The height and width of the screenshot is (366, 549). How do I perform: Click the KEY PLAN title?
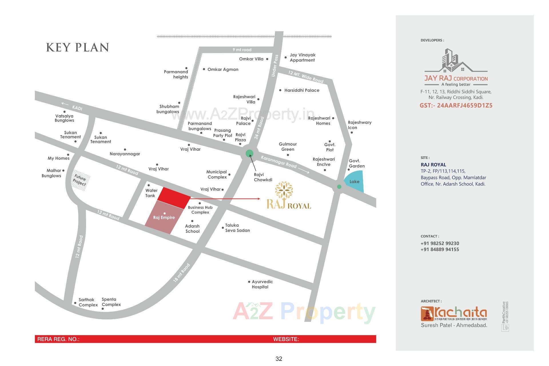click(x=77, y=47)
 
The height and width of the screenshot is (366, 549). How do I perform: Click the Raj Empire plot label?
click(x=164, y=218)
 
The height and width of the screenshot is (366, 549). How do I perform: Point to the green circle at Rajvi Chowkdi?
click(x=249, y=154)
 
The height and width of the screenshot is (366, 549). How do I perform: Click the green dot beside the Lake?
click(x=339, y=187)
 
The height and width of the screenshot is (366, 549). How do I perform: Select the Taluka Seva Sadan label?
click(x=237, y=228)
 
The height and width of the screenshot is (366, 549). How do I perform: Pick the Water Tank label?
click(x=151, y=193)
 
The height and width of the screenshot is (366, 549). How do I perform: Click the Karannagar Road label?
click(x=279, y=162)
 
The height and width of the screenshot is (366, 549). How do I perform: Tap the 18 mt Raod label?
click(x=181, y=273)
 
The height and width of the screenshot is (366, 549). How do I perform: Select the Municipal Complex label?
click(x=217, y=174)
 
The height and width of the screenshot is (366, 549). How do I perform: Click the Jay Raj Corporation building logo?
click(x=455, y=61)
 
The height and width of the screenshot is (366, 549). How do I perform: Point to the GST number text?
click(x=456, y=106)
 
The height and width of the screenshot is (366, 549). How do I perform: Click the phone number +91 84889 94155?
click(x=439, y=249)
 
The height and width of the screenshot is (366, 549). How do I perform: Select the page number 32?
click(x=279, y=359)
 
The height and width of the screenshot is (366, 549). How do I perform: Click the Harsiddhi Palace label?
click(x=302, y=90)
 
